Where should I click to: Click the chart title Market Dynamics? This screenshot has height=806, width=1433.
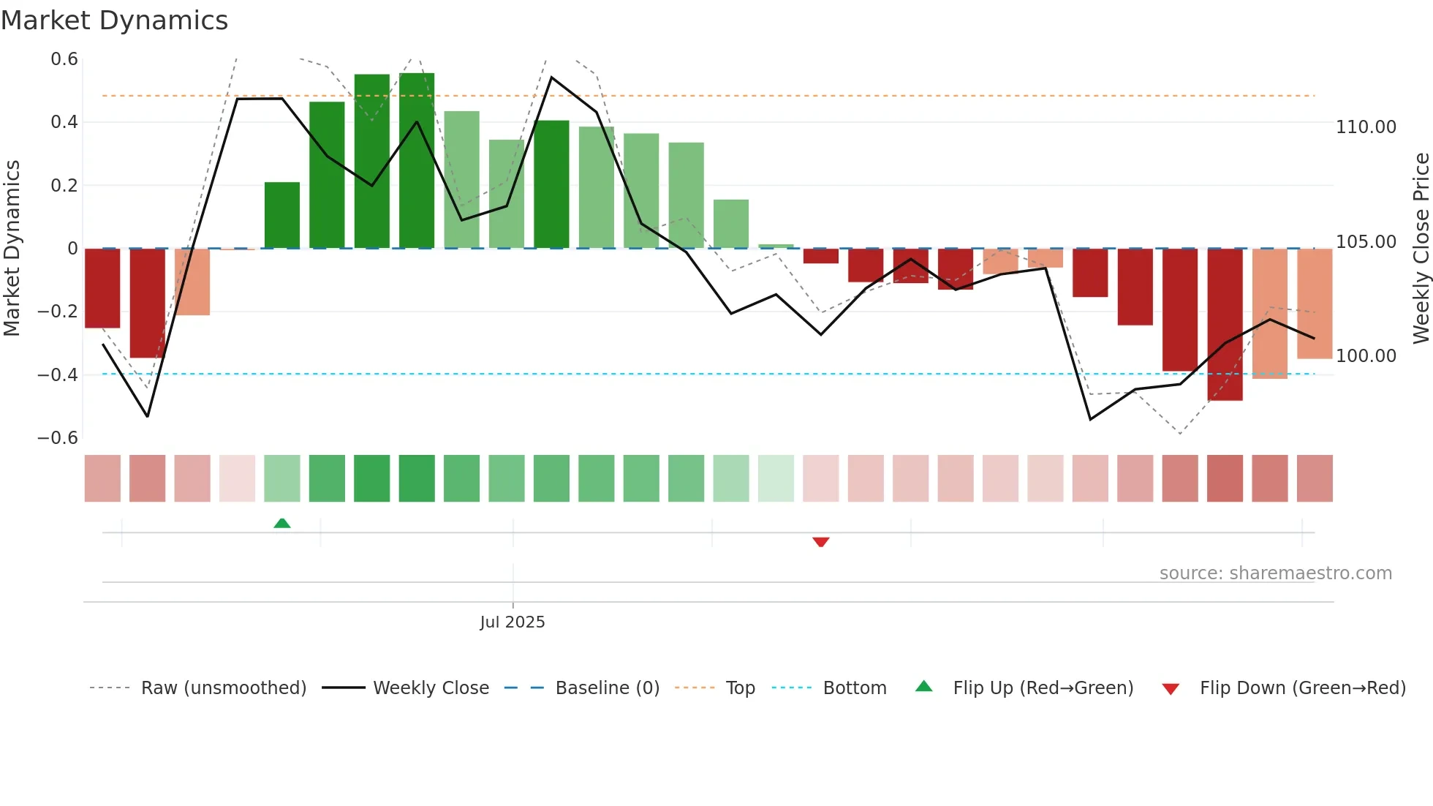114,20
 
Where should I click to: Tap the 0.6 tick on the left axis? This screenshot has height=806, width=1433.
64,59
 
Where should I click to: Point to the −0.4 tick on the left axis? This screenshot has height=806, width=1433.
58,375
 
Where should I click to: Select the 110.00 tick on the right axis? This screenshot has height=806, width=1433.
1366,127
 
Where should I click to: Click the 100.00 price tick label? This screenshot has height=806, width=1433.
1366,356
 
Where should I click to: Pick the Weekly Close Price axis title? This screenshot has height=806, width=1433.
1421,248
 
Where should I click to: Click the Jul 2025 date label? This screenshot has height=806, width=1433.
513,622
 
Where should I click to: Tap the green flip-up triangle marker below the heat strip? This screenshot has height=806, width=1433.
282,523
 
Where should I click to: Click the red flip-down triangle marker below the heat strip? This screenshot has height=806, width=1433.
820,542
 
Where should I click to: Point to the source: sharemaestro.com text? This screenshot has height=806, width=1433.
1276,573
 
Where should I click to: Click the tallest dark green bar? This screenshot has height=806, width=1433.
417,161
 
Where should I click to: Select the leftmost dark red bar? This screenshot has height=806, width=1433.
102,288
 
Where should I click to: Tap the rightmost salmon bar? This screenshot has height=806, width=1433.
1315,304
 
